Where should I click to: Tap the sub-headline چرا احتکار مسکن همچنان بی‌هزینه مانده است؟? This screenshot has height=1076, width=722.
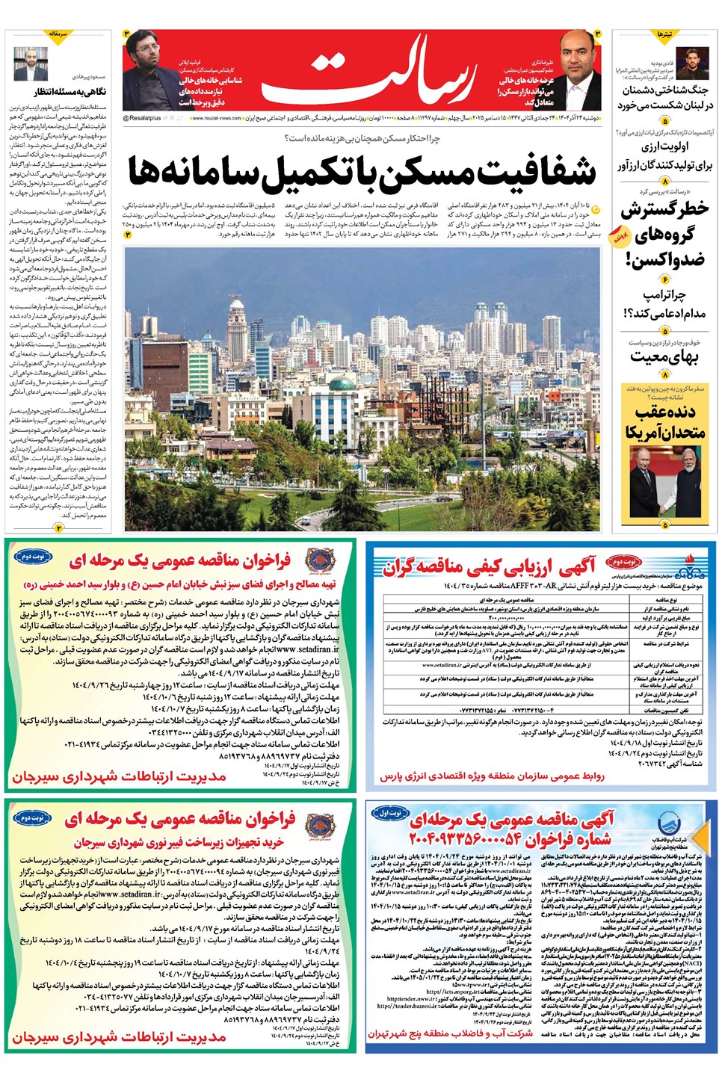click(362, 139)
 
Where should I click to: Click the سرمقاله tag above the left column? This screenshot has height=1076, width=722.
click(58, 34)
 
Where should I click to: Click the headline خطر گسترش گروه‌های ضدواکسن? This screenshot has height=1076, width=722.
click(664, 234)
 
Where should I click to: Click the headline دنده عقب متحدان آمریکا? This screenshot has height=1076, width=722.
click(664, 422)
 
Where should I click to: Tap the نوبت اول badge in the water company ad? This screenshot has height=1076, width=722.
click(390, 812)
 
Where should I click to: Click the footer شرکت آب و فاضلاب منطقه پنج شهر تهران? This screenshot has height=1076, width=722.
click(450, 1033)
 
